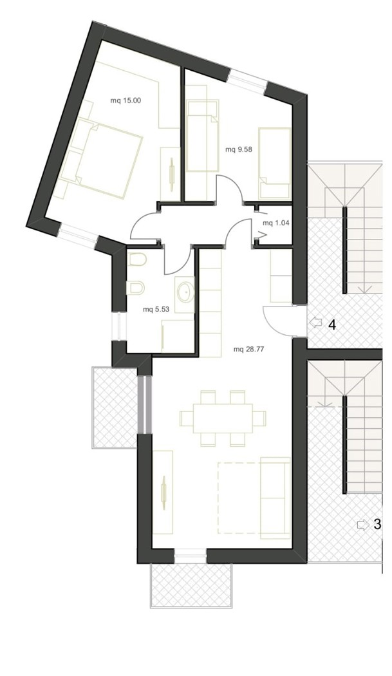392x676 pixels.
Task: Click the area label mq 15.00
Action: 126,101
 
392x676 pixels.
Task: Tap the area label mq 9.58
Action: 238,150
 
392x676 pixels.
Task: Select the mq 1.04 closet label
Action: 276,223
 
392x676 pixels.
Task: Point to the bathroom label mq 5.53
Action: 156,309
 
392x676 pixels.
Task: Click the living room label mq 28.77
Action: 248,350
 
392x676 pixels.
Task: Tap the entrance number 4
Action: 332,324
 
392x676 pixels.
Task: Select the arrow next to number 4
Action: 316,323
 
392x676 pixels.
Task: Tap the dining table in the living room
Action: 223,418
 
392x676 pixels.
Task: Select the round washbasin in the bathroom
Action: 186,292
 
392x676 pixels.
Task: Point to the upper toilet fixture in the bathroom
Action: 137,261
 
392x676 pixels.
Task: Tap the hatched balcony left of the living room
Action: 115,408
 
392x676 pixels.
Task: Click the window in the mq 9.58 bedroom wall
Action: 248,81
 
